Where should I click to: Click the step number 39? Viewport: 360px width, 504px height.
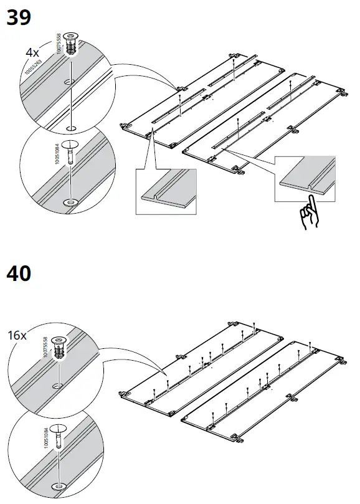(x=19, y=17)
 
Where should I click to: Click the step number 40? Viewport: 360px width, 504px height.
(x=19, y=272)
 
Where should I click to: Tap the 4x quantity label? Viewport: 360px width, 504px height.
(x=32, y=53)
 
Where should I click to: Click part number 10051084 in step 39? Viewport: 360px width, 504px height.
(x=57, y=152)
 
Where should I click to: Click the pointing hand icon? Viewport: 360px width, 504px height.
(x=308, y=216)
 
